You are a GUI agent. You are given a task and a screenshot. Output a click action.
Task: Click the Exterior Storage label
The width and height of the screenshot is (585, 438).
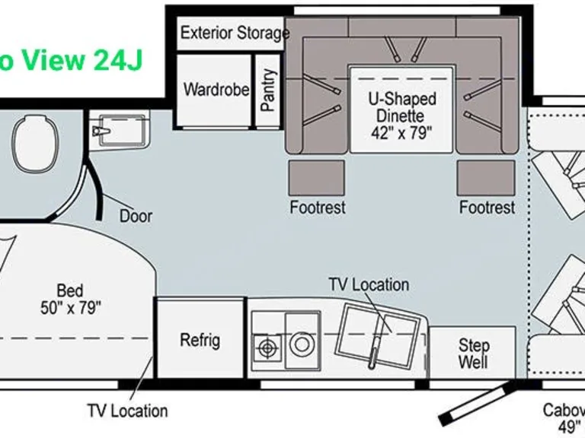click(235, 33)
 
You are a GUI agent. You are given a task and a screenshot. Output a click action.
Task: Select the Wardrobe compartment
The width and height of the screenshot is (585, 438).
click(216, 90)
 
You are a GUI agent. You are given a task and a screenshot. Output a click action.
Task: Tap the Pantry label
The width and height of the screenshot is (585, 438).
click(268, 90)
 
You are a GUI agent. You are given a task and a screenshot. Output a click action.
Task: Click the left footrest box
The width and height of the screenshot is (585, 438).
click(317, 178)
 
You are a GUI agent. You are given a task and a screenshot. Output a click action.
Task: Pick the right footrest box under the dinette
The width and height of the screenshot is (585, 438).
click(486, 178)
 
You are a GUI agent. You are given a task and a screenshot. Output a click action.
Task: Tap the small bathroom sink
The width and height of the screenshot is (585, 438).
click(120, 130)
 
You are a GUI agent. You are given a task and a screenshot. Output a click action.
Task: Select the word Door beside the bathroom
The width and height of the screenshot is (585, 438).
click(136, 216)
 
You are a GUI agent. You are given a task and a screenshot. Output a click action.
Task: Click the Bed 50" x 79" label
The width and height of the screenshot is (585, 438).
click(69, 299)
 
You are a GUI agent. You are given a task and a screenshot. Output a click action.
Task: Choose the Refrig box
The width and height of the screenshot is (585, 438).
click(200, 339)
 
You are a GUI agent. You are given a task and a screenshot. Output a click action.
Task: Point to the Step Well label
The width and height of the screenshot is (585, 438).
click(473, 354)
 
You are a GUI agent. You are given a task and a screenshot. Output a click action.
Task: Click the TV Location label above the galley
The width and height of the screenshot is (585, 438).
click(369, 284)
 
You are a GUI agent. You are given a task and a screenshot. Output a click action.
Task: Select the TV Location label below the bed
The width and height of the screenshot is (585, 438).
click(127, 411)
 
